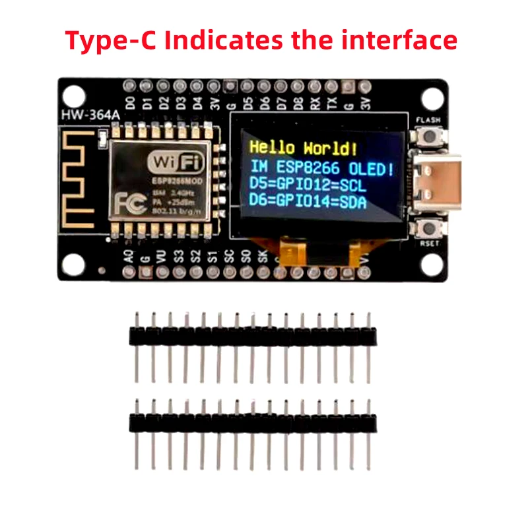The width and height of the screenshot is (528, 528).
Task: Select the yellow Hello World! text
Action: click(x=306, y=147)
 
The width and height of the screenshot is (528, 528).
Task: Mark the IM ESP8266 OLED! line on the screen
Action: click(x=321, y=165)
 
